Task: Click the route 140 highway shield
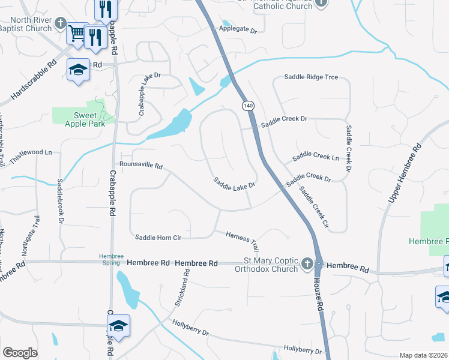tap(247, 106)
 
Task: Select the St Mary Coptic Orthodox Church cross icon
tap(307, 264)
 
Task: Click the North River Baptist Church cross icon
tap(59, 23)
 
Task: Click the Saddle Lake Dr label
tap(235, 182)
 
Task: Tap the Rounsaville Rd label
tap(141, 164)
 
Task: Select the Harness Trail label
tap(243, 241)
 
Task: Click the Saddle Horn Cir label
tap(158, 238)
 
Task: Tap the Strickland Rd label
tap(182, 287)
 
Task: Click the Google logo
tap(20, 353)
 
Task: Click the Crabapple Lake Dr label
tap(142, 94)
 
